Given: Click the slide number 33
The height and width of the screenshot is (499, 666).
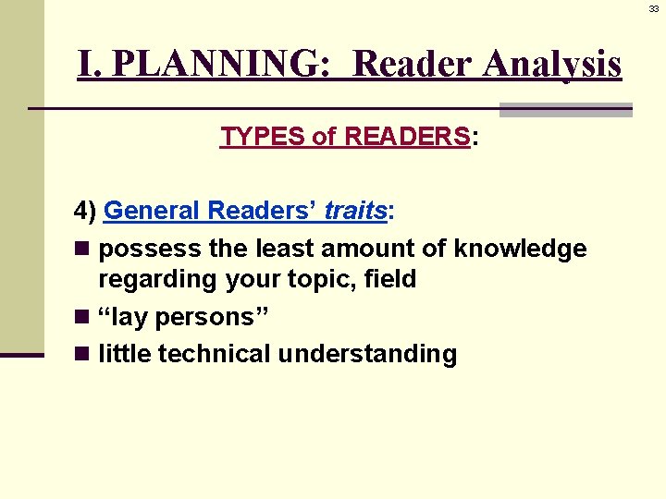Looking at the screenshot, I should pyautogui.click(x=653, y=8).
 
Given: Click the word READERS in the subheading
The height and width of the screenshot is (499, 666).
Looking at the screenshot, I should pyautogui.click(x=407, y=138).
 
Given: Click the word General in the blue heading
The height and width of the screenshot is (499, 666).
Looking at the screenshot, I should pyautogui.click(x=153, y=211).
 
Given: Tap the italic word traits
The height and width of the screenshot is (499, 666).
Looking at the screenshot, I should pyautogui.click(x=355, y=211).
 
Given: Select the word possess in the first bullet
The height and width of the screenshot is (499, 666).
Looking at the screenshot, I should pyautogui.click(x=138, y=249).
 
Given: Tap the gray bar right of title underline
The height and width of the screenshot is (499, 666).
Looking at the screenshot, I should pyautogui.click(x=565, y=110).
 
